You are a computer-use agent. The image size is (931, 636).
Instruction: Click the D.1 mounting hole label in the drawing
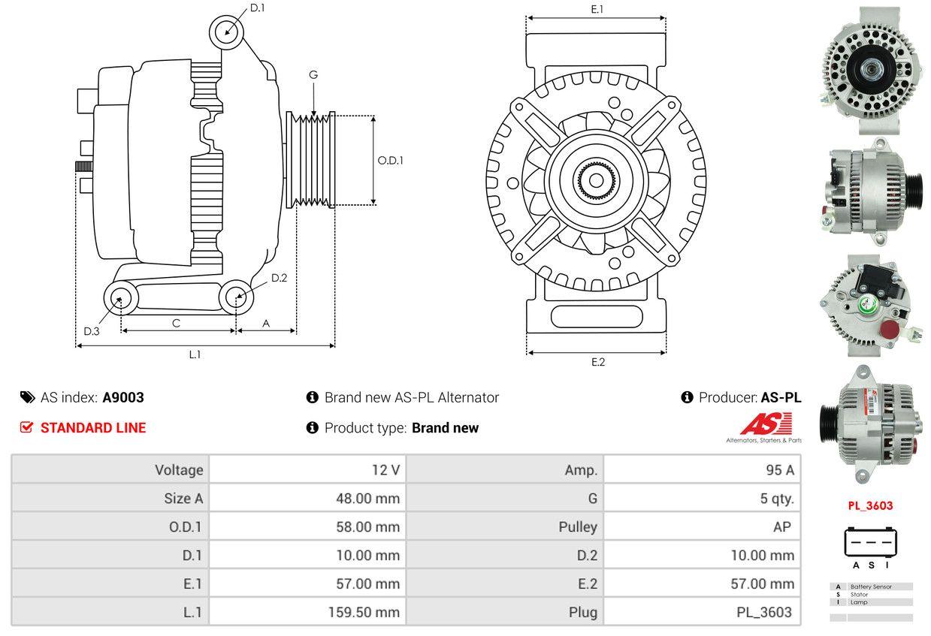click(x=257, y=8)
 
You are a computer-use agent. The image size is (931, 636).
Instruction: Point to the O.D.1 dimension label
click(x=390, y=160)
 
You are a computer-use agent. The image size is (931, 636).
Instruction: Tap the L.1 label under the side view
click(x=195, y=354)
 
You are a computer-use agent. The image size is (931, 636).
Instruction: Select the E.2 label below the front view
click(x=597, y=362)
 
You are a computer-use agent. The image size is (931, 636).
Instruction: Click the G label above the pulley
click(x=313, y=74)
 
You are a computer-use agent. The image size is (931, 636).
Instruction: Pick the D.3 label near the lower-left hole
click(x=92, y=331)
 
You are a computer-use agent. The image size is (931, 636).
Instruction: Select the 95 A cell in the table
click(x=778, y=470)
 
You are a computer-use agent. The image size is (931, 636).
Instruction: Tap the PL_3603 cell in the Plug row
click(x=763, y=612)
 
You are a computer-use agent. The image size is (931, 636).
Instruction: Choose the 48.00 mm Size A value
click(x=367, y=498)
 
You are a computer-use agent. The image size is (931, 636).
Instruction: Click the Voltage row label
click(x=179, y=470)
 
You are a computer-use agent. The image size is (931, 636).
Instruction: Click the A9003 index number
click(x=123, y=397)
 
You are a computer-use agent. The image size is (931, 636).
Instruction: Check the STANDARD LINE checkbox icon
click(x=27, y=427)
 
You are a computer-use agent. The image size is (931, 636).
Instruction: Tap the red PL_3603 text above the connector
click(x=870, y=505)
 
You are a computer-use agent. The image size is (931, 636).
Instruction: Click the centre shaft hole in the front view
click(x=596, y=181)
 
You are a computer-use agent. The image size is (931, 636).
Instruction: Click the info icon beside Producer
click(x=687, y=397)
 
